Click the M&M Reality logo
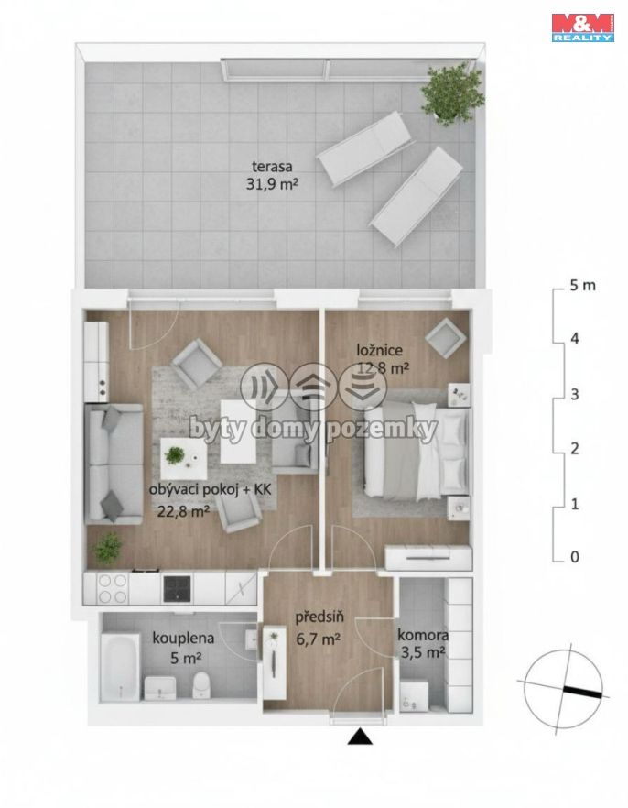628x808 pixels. (583, 27)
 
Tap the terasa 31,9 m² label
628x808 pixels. (272, 175)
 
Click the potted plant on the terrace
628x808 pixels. (452, 93)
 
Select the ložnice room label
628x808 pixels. (380, 350)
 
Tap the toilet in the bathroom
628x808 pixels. (201, 685)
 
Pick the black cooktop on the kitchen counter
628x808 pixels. (177, 588)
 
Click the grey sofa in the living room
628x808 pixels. (114, 464)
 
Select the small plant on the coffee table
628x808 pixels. (175, 455)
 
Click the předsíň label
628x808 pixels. (319, 617)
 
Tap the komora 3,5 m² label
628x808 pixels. (422, 644)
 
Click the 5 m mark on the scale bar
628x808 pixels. (582, 285)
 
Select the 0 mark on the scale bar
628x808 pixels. (575, 557)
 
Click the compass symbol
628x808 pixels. (565, 689)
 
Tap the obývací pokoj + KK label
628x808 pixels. (210, 489)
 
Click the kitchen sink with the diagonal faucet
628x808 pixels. (241, 588)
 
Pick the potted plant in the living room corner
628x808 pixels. (108, 548)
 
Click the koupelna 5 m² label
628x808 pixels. (183, 647)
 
